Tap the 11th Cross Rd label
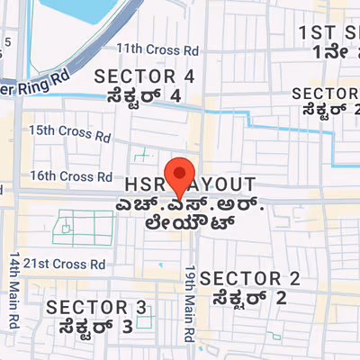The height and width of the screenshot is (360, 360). pos(148,48)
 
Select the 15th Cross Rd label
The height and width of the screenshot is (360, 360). pos(68,130)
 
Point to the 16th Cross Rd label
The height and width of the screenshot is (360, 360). pos(71,176)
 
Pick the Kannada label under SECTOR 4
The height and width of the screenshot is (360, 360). pos(144,94)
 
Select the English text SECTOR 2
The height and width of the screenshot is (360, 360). pos(249,278)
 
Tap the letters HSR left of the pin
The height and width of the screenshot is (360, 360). pos(144,183)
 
